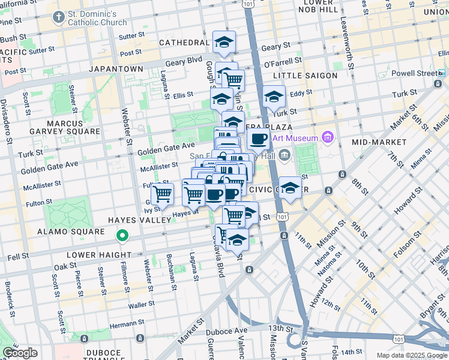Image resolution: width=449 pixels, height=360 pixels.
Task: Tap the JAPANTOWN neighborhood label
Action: pos(116,69)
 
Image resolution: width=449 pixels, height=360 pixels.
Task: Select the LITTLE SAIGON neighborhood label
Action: pos(301,76)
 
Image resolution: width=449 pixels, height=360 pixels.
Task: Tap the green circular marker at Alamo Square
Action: pos(122,236)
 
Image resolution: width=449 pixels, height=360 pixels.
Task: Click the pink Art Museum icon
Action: pos(327,138)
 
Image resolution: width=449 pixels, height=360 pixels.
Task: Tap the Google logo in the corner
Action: pos(20,353)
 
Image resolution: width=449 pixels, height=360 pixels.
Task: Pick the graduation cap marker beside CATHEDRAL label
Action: pos(224,41)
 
